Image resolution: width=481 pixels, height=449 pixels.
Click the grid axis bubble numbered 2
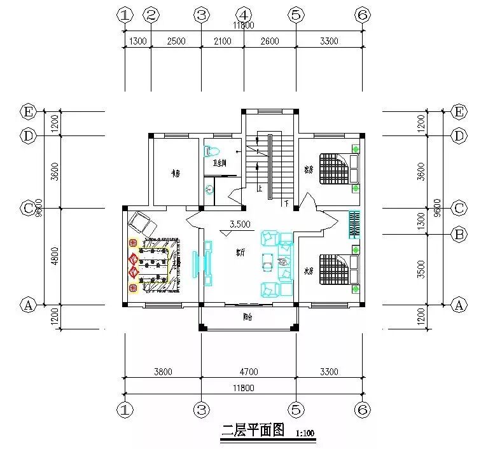coord(151,15)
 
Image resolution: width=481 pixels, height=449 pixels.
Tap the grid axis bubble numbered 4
coord(244,15)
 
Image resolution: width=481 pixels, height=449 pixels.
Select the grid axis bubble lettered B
coord(459,235)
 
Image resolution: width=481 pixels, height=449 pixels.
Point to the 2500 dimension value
coord(176,41)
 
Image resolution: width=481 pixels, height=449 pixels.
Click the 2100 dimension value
coord(222,41)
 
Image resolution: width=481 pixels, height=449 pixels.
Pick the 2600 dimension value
coord(269,41)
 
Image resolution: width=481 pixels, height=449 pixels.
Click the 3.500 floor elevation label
coord(240,224)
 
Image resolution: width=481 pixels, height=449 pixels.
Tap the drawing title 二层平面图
coord(251,431)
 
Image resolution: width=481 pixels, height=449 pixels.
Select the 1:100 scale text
coord(305,433)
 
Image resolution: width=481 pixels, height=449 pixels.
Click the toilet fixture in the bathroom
coord(212,151)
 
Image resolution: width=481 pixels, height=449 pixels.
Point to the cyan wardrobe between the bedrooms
coord(354,224)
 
